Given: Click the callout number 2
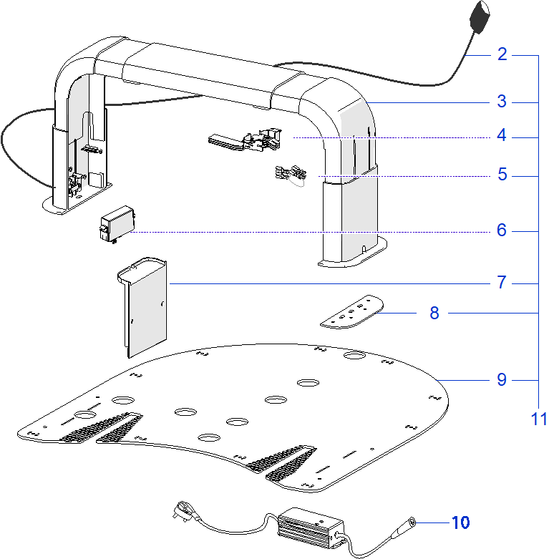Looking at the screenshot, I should click(x=502, y=54).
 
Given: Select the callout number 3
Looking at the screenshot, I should click(x=502, y=102).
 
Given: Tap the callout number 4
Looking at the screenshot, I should click(x=502, y=136).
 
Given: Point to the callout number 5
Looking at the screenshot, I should click(x=502, y=175).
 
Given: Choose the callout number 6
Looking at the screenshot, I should click(x=502, y=230).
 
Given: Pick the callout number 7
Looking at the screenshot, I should click(x=502, y=283).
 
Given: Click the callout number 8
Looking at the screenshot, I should click(x=434, y=313).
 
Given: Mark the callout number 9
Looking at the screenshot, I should click(x=502, y=379).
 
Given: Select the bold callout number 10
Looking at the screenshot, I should click(x=460, y=522).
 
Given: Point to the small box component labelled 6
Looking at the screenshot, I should click(x=117, y=223).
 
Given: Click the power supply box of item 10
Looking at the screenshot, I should click(x=306, y=528).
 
